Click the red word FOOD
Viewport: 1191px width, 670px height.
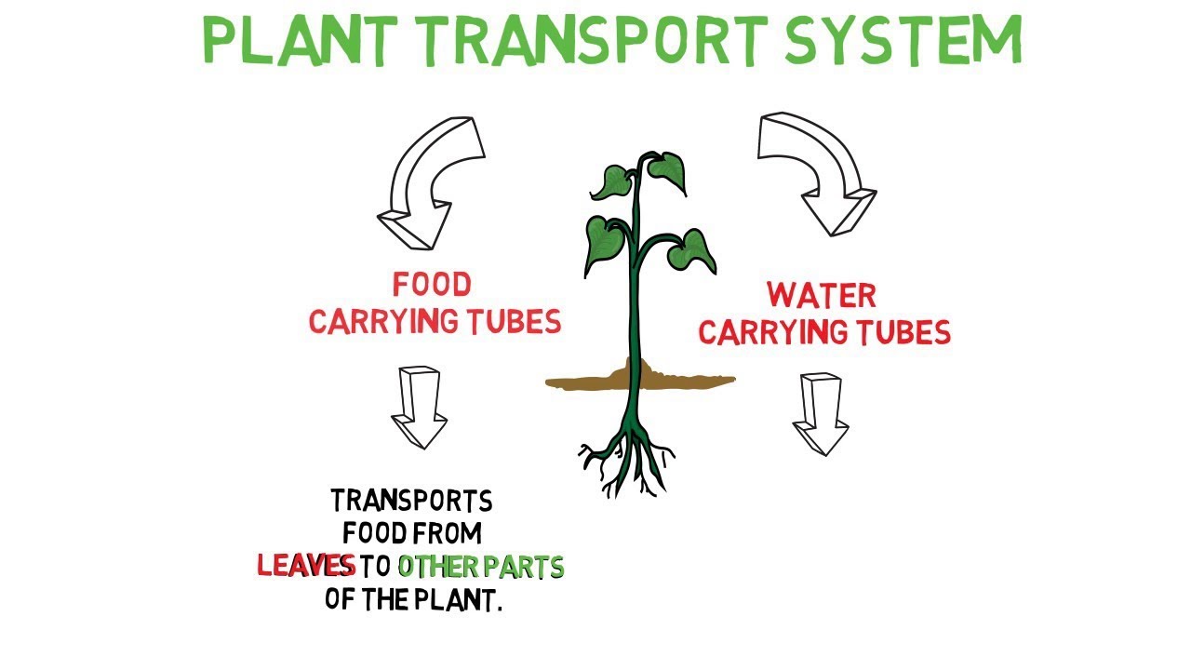click(431, 284)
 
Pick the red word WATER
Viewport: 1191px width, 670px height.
click(822, 295)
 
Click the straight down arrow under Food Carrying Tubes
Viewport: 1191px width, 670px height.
click(419, 406)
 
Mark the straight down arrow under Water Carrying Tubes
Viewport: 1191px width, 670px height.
click(820, 412)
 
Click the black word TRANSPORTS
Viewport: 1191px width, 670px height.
click(411, 502)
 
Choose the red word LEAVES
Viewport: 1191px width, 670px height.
click(306, 566)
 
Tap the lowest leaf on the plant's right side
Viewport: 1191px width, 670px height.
click(693, 249)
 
